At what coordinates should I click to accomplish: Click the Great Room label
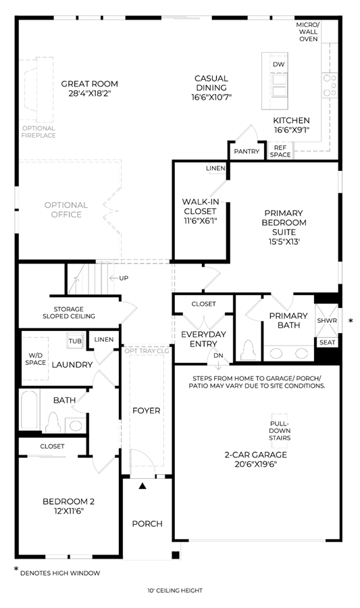tap(90, 84)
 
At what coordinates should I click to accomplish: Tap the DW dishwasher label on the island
tap(279, 64)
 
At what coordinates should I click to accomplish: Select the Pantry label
tap(247, 151)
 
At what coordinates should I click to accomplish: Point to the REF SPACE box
tap(280, 151)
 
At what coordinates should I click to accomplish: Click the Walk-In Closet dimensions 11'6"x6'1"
tap(200, 221)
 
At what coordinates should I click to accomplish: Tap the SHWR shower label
tap(327, 321)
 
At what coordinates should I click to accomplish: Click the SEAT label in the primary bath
tap(327, 342)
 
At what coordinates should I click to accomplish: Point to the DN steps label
tap(219, 355)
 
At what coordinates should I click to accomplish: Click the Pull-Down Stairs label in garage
tap(280, 431)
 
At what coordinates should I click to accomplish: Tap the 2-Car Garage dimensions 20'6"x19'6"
tap(256, 464)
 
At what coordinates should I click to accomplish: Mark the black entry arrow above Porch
tap(143, 485)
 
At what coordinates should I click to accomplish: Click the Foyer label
tap(146, 410)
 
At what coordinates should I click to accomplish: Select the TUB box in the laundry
tap(75, 341)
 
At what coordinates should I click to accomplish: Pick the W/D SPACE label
tap(35, 359)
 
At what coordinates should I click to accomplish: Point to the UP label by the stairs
tap(124, 278)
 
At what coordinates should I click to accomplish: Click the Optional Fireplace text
tap(38, 132)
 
